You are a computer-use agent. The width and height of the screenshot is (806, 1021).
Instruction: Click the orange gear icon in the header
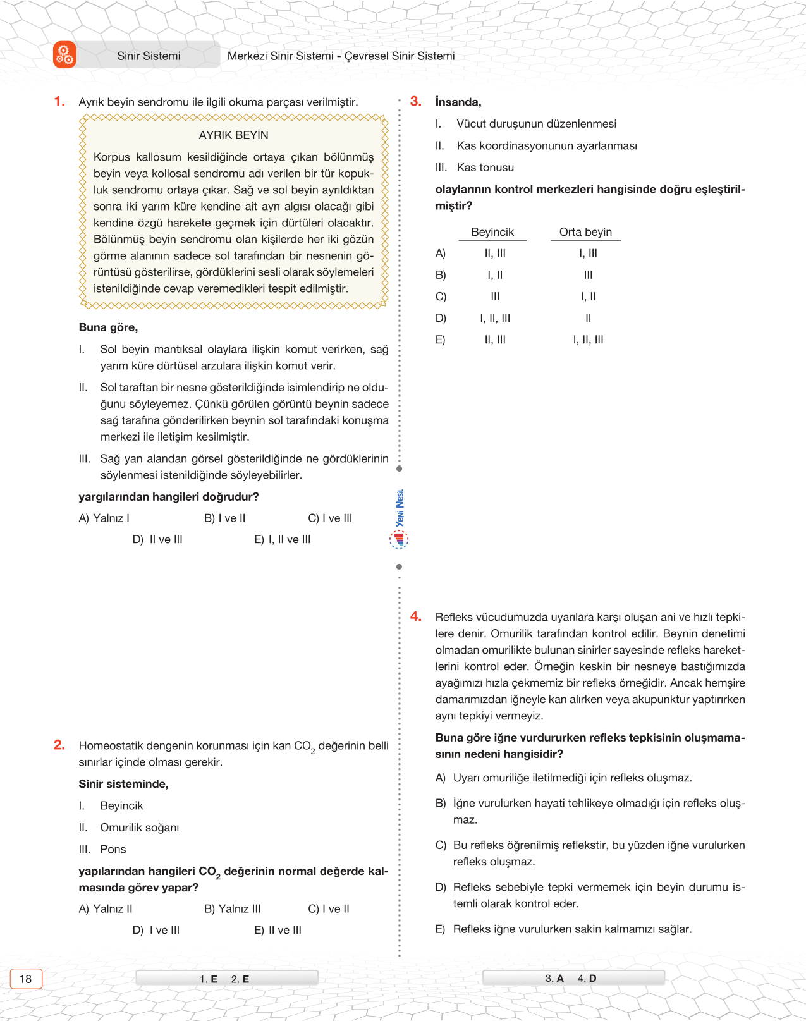pos(64,55)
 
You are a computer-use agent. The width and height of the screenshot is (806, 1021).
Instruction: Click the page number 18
pos(25,979)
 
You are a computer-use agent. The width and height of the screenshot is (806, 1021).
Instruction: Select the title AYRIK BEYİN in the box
pos(233,135)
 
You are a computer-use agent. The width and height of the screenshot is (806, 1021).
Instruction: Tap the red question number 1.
pos(59,101)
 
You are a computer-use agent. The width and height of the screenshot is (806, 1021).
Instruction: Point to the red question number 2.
pos(59,745)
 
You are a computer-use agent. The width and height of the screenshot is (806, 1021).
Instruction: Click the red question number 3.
pos(415,101)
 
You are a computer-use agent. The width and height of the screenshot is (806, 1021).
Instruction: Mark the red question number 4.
pos(415,616)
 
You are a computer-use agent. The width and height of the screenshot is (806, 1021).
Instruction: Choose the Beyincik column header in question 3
pos(492,232)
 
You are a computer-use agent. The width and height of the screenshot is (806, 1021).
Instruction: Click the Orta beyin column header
pos(585,232)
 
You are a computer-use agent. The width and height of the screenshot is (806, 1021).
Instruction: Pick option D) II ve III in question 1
pos(157,539)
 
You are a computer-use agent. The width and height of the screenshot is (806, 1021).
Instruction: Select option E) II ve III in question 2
pos(278,930)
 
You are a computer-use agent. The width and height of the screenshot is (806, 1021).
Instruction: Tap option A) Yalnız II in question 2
pos(106,908)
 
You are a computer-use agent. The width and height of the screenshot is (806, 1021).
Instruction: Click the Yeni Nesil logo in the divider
pos(399,518)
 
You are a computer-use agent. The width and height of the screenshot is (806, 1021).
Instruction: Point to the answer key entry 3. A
pos(554,978)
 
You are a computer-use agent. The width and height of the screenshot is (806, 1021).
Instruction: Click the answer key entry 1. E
pos(209,979)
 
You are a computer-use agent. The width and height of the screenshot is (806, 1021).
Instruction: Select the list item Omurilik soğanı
pos(139,828)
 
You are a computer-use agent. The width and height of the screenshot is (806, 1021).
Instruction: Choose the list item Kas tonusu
pos(485,168)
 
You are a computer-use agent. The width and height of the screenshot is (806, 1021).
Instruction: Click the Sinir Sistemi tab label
pos(149,56)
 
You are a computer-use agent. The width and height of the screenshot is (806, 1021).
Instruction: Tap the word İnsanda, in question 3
pos(458,102)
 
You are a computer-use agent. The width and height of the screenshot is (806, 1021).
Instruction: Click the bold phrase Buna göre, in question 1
pos(108,327)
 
